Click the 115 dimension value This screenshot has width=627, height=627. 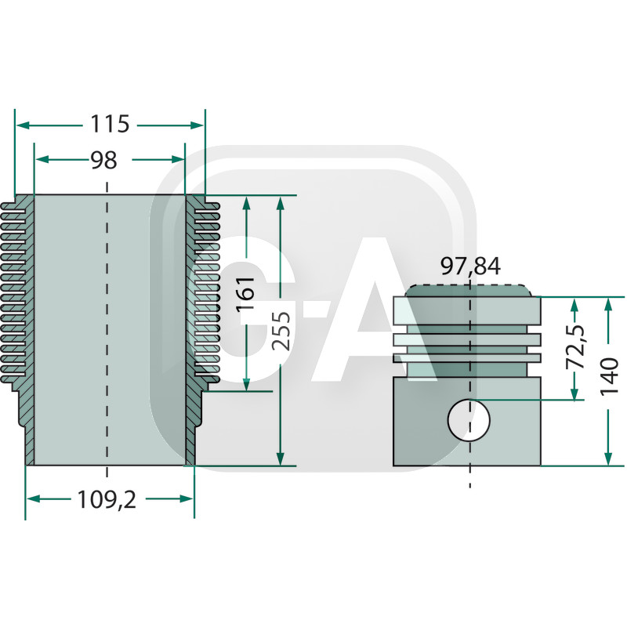(x=110, y=124)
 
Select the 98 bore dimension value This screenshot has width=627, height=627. (x=104, y=160)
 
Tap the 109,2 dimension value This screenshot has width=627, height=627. (x=107, y=500)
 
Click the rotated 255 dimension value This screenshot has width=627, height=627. (x=281, y=331)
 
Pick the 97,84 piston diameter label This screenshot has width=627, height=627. (x=470, y=266)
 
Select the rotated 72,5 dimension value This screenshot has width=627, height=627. (x=575, y=347)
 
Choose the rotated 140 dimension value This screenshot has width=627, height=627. (x=609, y=377)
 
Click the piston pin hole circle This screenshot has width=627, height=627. (x=469, y=420)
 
